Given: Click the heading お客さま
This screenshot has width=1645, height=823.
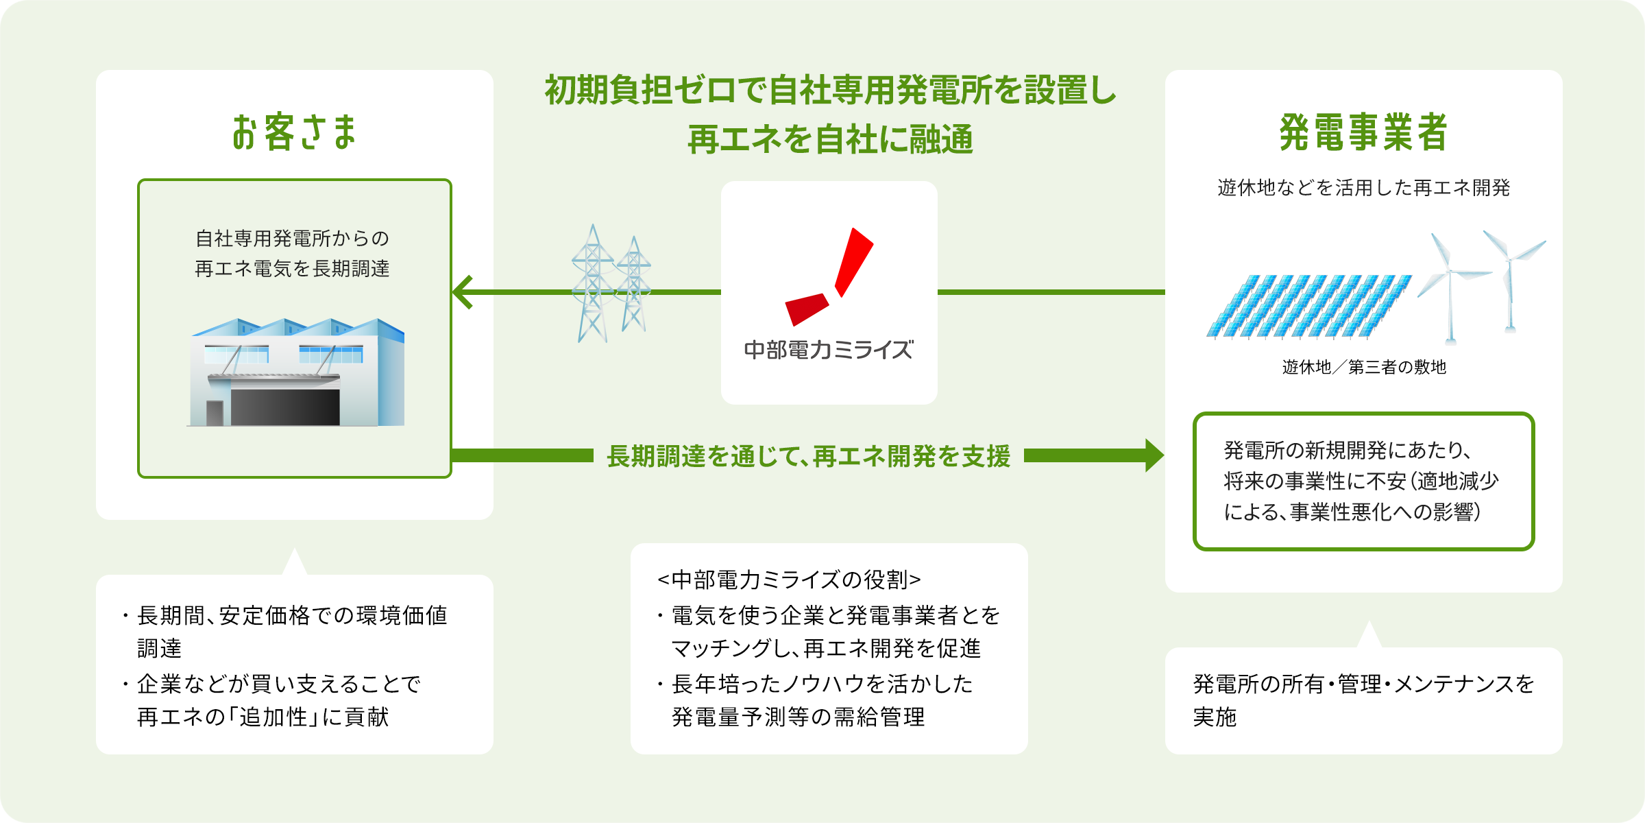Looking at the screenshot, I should click(x=295, y=132).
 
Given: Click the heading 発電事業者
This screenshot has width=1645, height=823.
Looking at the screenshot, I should click(x=1363, y=132).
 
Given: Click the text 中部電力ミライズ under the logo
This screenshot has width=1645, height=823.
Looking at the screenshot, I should click(x=829, y=350).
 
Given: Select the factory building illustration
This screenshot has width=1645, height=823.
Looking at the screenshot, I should click(x=296, y=373).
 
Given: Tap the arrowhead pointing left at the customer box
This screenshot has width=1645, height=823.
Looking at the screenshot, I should click(x=463, y=292).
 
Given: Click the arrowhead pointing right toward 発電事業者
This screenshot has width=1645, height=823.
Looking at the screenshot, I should click(x=1154, y=455).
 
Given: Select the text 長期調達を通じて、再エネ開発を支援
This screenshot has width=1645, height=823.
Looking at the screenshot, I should click(x=809, y=456).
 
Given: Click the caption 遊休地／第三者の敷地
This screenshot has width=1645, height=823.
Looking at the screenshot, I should click(x=1364, y=368).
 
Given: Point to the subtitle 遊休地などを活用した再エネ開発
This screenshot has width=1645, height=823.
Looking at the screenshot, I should click(x=1364, y=188).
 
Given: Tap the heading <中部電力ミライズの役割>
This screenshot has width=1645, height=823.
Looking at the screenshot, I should click(x=789, y=580).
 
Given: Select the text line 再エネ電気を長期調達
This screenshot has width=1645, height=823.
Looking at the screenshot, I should click(x=292, y=269).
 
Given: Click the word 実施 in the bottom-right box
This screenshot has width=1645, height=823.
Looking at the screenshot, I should click(x=1215, y=717).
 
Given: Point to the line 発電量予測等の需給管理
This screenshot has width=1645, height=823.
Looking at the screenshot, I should click(x=799, y=717).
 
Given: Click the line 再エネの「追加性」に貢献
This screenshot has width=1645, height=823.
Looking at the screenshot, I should click(x=263, y=717).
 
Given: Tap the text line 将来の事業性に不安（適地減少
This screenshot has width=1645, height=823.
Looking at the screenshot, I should click(x=1361, y=481).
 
